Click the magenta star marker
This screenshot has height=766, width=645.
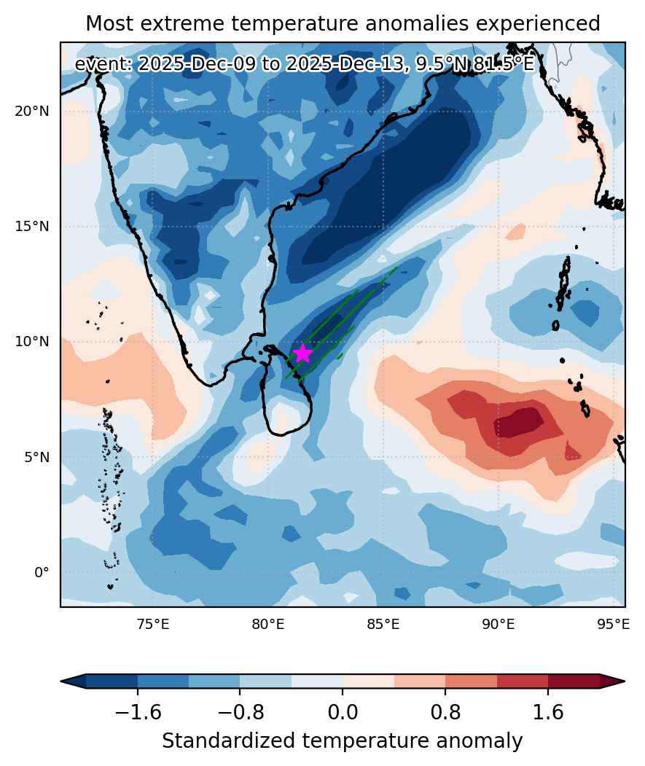point(303,353)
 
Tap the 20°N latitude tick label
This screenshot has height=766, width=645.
point(32,112)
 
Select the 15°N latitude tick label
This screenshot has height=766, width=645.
point(32,226)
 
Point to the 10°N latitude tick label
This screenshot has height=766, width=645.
point(32,341)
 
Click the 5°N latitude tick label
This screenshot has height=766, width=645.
point(36,457)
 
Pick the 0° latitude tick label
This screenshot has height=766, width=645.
point(42,572)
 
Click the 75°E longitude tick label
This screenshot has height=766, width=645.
point(153,624)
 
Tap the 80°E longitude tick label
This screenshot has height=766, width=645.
point(267,624)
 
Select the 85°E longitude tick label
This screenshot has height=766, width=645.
point(383,624)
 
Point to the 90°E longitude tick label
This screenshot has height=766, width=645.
point(499,624)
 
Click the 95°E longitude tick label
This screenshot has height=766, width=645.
point(614,624)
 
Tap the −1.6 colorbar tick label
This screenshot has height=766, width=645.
point(138,712)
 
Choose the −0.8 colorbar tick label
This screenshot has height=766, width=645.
point(240,712)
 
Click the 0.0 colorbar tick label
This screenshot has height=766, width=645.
point(343,712)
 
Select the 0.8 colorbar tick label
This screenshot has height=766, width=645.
point(445,712)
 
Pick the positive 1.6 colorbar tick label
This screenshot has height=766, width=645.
point(548,712)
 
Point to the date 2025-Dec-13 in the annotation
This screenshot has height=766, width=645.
point(345,64)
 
